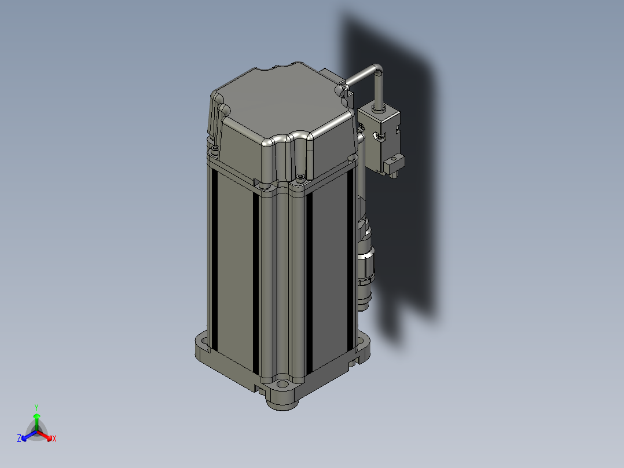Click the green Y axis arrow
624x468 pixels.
[36, 422]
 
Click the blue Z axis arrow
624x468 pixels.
[29, 436]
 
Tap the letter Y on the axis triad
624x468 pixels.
[36, 407]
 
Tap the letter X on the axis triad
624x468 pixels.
[54, 438]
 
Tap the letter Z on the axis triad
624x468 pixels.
[19, 438]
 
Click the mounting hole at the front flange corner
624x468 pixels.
[282, 384]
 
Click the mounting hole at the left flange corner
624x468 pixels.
[203, 341]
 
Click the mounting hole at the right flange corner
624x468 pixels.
[362, 341]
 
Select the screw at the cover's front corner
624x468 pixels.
[300, 176]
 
